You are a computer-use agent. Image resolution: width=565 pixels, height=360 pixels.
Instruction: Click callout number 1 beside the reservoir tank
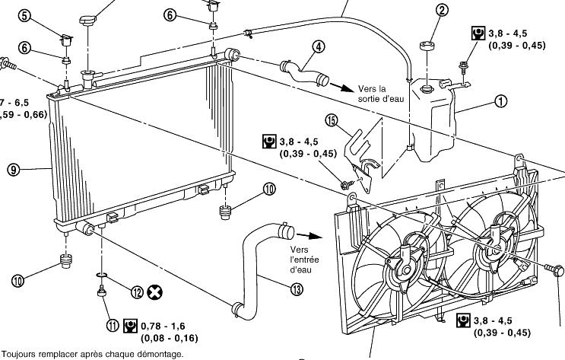500,100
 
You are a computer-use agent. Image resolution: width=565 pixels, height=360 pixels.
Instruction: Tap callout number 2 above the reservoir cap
443,10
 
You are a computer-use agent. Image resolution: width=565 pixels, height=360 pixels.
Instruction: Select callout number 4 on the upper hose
318,46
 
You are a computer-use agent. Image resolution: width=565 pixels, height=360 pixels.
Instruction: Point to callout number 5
24,15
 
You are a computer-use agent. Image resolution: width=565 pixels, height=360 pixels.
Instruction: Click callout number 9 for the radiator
14,170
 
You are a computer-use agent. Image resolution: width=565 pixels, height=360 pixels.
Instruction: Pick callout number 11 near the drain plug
113,325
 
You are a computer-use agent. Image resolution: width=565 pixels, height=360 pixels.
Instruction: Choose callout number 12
137,291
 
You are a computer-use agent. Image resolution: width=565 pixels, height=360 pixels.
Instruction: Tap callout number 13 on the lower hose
297,287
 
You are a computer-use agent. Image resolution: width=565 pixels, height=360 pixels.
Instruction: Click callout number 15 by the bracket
331,119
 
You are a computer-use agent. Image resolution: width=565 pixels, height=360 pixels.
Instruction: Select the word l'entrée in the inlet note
306,260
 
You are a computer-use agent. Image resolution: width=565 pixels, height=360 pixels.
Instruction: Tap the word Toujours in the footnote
19,355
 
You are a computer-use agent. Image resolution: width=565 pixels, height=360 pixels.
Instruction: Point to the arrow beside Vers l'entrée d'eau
306,236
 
